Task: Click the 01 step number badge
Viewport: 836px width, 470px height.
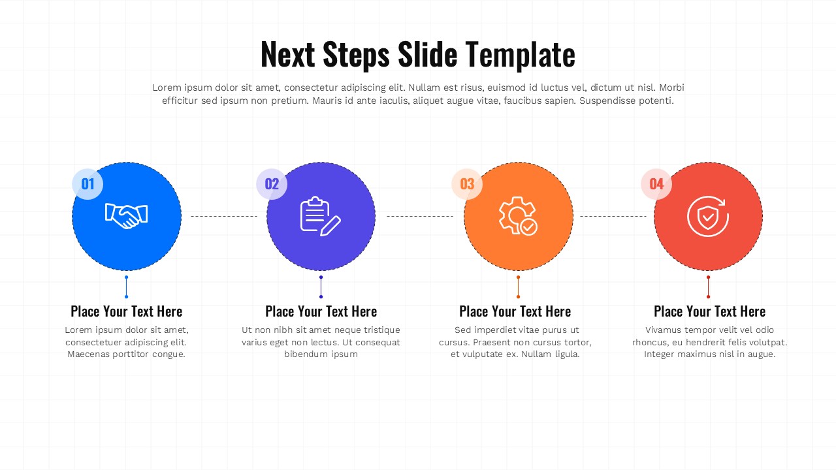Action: pyautogui.click(x=88, y=184)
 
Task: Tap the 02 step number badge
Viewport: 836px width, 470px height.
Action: pyautogui.click(x=272, y=184)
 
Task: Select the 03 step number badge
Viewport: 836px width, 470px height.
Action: pyautogui.click(x=467, y=184)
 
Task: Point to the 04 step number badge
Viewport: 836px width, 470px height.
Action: pyautogui.click(x=656, y=184)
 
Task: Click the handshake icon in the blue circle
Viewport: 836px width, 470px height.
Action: pyautogui.click(x=127, y=216)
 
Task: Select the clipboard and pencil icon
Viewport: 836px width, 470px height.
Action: pyautogui.click(x=320, y=216)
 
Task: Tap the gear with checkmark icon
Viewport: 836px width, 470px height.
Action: pyautogui.click(x=518, y=216)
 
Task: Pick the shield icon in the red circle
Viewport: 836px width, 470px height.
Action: pyautogui.click(x=708, y=216)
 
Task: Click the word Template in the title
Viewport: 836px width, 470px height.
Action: pyautogui.click(x=519, y=55)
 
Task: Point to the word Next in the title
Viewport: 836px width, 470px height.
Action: pyautogui.click(x=288, y=54)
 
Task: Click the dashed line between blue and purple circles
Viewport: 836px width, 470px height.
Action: pyautogui.click(x=224, y=216)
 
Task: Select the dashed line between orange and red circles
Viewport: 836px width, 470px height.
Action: pyautogui.click(x=613, y=216)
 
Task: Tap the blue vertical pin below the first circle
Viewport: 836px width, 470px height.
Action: pyautogui.click(x=127, y=287)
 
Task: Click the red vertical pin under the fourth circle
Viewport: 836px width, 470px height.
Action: pyautogui.click(x=709, y=287)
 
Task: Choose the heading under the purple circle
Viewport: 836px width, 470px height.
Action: pyautogui.click(x=321, y=311)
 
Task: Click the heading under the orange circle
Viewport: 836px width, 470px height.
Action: pyautogui.click(x=515, y=311)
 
